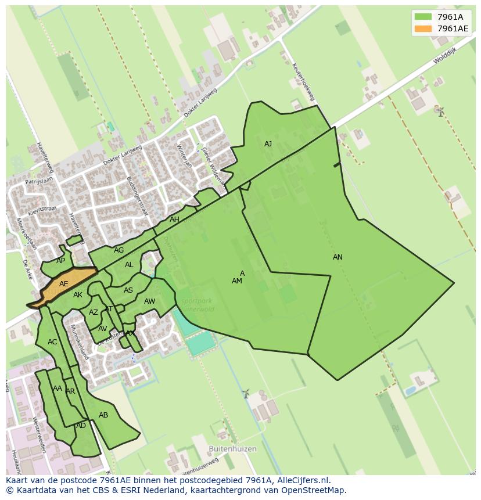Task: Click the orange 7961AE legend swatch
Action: point(423,28)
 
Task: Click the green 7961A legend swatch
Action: point(423,17)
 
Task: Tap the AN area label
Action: point(338,257)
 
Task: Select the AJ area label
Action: point(268,144)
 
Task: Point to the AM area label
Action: point(236,281)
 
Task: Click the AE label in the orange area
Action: point(64,284)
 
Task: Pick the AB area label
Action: point(103,415)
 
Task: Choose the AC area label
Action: point(52,342)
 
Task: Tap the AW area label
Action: point(149,301)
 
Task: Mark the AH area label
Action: point(174,220)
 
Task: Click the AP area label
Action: point(61,261)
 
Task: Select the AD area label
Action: point(81,426)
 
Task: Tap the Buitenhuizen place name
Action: point(232,449)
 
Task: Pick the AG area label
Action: point(119,250)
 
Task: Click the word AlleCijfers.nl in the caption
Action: point(303,480)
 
